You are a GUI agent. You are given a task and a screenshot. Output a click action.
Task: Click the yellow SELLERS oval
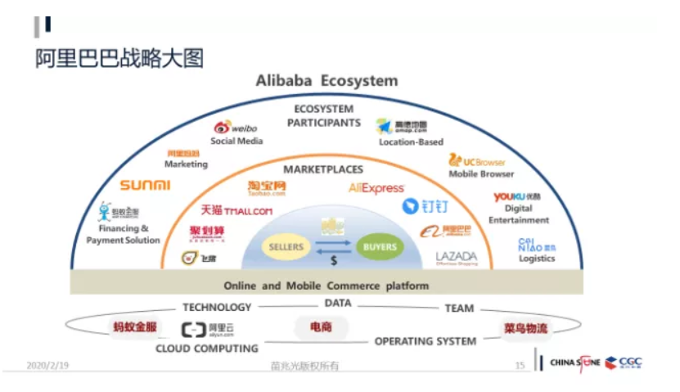(286, 246)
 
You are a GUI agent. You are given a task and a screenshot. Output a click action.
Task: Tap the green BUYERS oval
(379, 246)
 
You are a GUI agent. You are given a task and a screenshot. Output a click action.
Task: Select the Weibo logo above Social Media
(236, 128)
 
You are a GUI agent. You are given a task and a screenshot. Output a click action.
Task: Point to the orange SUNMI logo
(145, 185)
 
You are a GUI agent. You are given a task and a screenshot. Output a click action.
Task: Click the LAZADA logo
(456, 256)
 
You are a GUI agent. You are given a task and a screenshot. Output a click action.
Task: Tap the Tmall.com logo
(236, 211)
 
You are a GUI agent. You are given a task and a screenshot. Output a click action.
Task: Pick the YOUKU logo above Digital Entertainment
(517, 197)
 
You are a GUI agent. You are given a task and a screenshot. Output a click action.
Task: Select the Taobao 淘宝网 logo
(267, 188)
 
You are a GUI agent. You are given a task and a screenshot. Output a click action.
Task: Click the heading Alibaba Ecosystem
(326, 80)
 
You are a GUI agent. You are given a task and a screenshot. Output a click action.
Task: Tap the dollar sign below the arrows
(333, 262)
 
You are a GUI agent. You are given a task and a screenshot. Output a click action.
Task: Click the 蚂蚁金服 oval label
(134, 327)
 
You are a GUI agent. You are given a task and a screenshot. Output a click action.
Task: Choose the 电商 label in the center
(321, 327)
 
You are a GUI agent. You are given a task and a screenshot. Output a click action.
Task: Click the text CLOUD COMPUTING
(207, 349)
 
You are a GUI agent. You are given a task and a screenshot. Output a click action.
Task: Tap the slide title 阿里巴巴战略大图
(119, 59)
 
